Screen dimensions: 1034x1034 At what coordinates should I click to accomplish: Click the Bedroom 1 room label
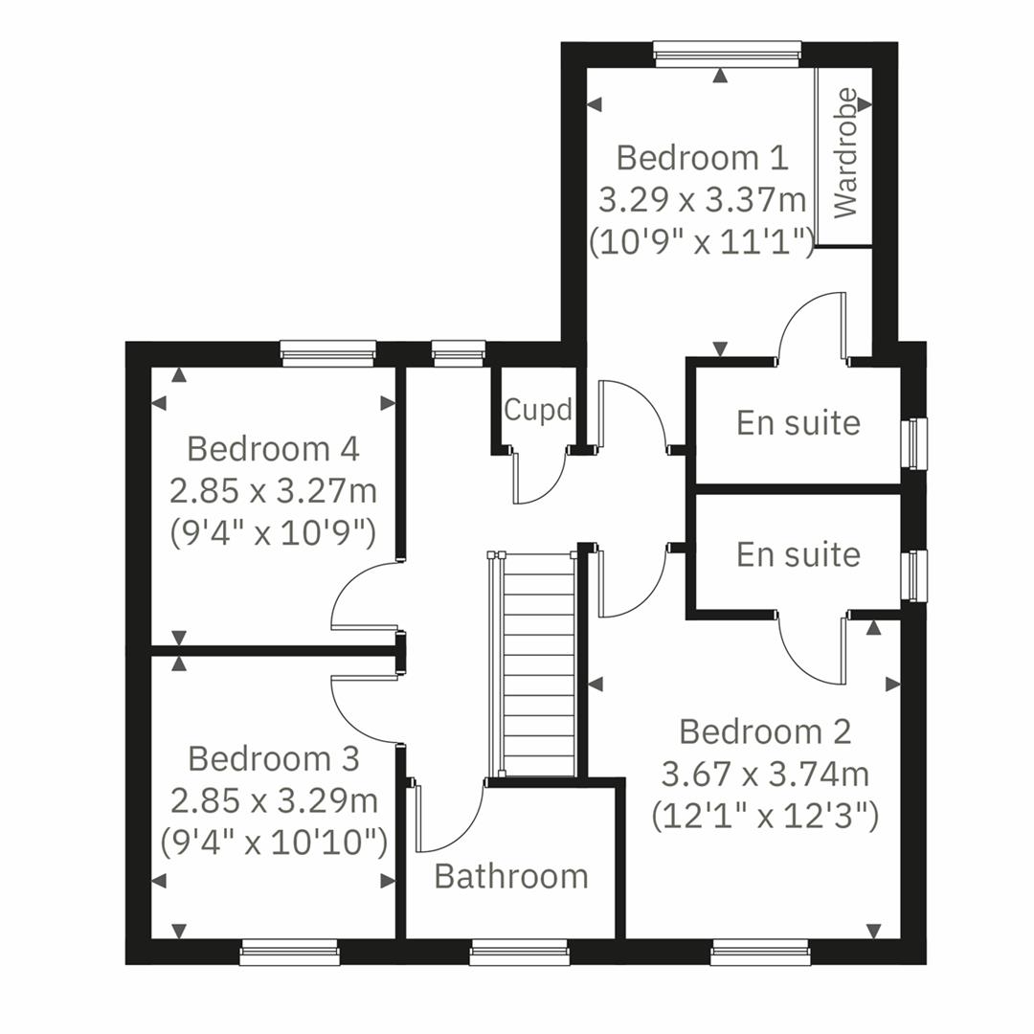702,157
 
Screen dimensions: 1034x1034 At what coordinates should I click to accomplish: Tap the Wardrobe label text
845,153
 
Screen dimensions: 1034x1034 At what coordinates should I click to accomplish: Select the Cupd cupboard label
538,410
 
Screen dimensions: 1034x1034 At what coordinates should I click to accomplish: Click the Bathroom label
511,876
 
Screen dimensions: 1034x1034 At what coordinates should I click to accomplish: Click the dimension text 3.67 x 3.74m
765,774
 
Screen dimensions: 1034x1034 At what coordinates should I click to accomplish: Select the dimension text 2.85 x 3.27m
273,491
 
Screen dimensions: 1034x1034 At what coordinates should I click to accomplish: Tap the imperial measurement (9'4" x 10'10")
273,843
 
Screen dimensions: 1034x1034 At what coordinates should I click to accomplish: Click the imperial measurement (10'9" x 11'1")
702,242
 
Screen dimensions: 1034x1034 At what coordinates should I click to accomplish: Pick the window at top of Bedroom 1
727,54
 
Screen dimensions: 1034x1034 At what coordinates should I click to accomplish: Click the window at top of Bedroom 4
328,353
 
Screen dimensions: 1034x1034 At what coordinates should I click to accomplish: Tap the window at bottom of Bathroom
519,951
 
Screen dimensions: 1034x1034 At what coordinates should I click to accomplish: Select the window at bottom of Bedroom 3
289,951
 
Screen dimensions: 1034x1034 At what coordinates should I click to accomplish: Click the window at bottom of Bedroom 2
760,951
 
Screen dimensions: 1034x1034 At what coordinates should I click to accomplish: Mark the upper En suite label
798,422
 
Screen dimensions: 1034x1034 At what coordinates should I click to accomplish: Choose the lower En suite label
798,554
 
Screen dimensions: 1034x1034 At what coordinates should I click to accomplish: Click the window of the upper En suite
916,443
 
